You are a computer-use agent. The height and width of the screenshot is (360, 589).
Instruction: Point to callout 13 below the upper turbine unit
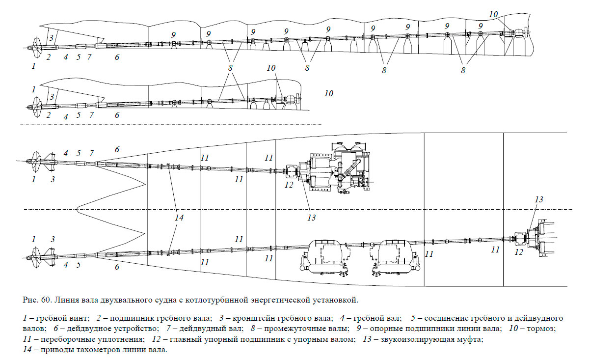coord(311,217)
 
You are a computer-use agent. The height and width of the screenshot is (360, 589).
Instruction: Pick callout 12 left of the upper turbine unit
coord(289,186)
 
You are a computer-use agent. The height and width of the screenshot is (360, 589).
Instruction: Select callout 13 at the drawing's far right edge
coord(538,199)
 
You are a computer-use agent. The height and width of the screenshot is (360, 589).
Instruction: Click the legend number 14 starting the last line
coord(27,350)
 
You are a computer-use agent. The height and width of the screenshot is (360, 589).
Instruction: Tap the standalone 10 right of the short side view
coord(329,93)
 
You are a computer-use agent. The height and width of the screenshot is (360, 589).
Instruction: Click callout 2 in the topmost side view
coord(49,57)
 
